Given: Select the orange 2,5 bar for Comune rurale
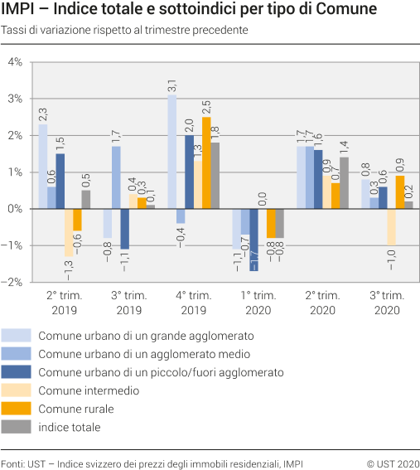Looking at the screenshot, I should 206,162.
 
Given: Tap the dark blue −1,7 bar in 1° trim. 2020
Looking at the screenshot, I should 253,240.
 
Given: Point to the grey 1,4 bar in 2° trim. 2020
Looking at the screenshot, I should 344,182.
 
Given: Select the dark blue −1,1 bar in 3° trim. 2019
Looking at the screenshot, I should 124,229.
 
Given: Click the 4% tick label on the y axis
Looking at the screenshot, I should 14,62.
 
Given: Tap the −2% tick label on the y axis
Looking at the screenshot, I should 12,282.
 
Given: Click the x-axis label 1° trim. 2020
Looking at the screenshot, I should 258,303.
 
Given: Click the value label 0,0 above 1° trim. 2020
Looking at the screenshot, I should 262,198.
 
